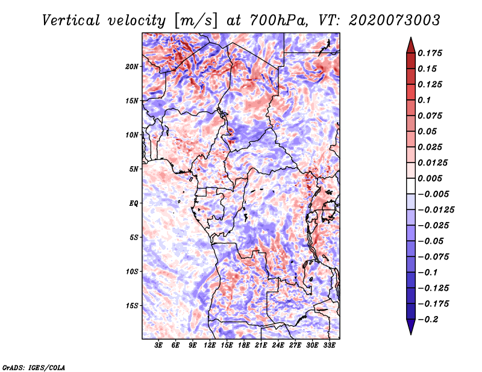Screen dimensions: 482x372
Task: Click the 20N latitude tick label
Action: [132, 67]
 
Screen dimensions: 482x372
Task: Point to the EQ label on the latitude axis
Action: [134, 203]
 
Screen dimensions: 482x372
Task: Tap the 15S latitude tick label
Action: [132, 306]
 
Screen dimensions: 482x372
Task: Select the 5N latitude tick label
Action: [134, 169]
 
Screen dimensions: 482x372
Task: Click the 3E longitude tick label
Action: [158, 345]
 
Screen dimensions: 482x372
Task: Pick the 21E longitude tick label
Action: [261, 345]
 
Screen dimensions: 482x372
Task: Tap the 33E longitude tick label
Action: [329, 345]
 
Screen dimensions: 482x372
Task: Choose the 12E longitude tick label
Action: [209, 345]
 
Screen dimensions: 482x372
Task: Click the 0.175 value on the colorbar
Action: [430, 53]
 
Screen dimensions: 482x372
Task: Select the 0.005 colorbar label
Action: [430, 178]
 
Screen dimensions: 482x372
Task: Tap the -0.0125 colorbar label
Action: [436, 210]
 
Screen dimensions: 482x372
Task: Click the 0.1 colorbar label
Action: [424, 100]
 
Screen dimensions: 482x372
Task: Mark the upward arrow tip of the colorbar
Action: [411, 37]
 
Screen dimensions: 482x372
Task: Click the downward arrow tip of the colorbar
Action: [411, 335]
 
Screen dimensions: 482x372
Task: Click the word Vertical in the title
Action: [71, 20]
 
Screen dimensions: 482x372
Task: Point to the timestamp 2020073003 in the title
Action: [395, 20]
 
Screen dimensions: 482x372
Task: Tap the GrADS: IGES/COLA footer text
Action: [34, 367]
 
